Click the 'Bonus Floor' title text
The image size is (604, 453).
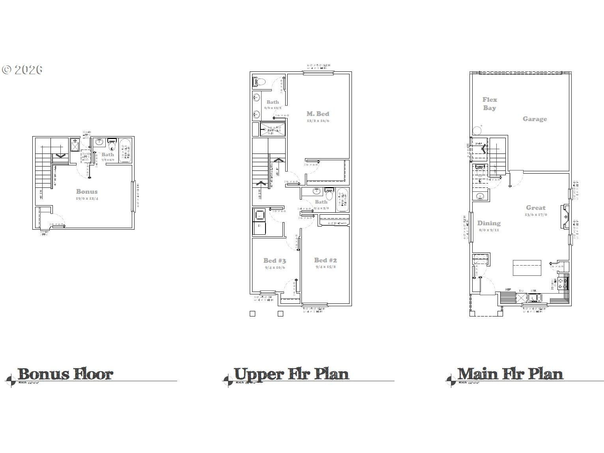(x=65, y=374)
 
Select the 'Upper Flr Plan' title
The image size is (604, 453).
(x=291, y=374)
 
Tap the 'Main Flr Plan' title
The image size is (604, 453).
(x=510, y=374)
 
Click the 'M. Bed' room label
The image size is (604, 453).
(x=318, y=114)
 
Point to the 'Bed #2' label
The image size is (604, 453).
(x=325, y=260)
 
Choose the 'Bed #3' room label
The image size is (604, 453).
(x=275, y=260)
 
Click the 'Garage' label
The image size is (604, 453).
(x=535, y=119)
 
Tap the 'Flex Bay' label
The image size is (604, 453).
(x=490, y=104)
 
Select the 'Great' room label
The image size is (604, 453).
(x=535, y=208)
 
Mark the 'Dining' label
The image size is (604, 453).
(x=489, y=223)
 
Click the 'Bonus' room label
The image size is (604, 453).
(x=87, y=191)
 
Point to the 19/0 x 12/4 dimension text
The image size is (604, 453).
(x=87, y=198)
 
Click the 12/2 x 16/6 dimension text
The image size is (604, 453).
(x=318, y=121)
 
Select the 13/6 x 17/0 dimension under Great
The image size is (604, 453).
(x=535, y=215)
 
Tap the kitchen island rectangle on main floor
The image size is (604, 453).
(x=527, y=268)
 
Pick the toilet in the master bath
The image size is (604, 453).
(x=259, y=82)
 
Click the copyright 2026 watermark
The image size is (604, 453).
(x=22, y=70)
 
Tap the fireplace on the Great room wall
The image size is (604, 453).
(x=565, y=217)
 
